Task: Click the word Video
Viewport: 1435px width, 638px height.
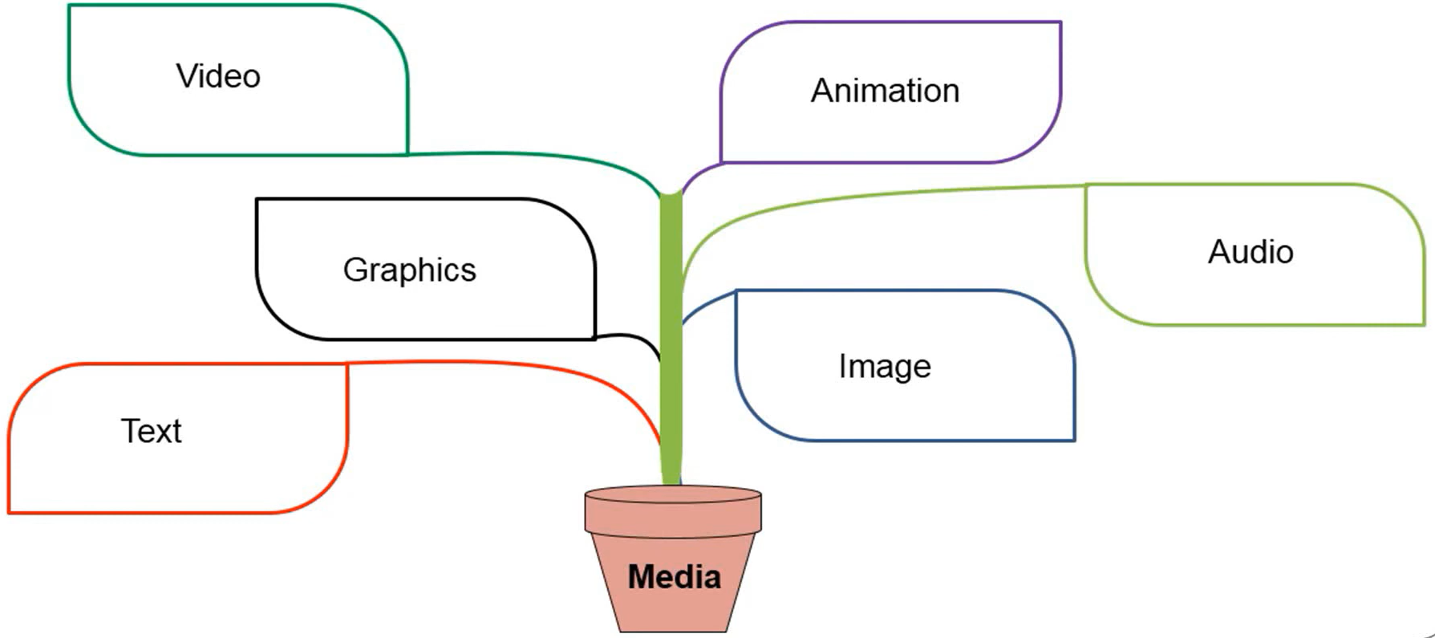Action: (218, 76)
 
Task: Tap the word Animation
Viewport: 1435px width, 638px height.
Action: (885, 91)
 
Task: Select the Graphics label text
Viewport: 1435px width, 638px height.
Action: (409, 270)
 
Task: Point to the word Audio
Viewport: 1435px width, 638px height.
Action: (1251, 252)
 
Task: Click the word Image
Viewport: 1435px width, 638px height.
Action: (885, 367)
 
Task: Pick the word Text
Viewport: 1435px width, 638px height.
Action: (151, 432)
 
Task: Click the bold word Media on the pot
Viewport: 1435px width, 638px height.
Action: (674, 577)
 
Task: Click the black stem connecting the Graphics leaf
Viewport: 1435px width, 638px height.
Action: (634, 336)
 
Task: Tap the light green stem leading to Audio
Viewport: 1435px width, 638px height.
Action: (882, 193)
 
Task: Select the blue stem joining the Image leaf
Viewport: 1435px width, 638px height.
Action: (706, 303)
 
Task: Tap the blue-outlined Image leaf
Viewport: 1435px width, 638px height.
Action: (906, 409)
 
